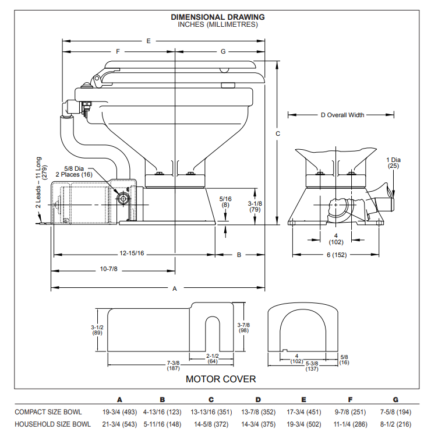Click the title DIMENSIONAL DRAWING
coord(218,17)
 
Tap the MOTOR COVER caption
coord(220,379)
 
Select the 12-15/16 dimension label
coord(132,254)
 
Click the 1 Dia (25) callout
coord(394,162)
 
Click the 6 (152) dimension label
coord(336,254)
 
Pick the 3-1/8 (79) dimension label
coord(254,206)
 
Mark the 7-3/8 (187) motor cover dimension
coord(173,366)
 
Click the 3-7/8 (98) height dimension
coord(243,328)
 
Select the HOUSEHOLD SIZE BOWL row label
coord(52,424)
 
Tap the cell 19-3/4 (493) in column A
coord(119,412)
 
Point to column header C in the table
coord(211,400)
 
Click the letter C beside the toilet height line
coord(278,134)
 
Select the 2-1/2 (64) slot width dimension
coord(213,358)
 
